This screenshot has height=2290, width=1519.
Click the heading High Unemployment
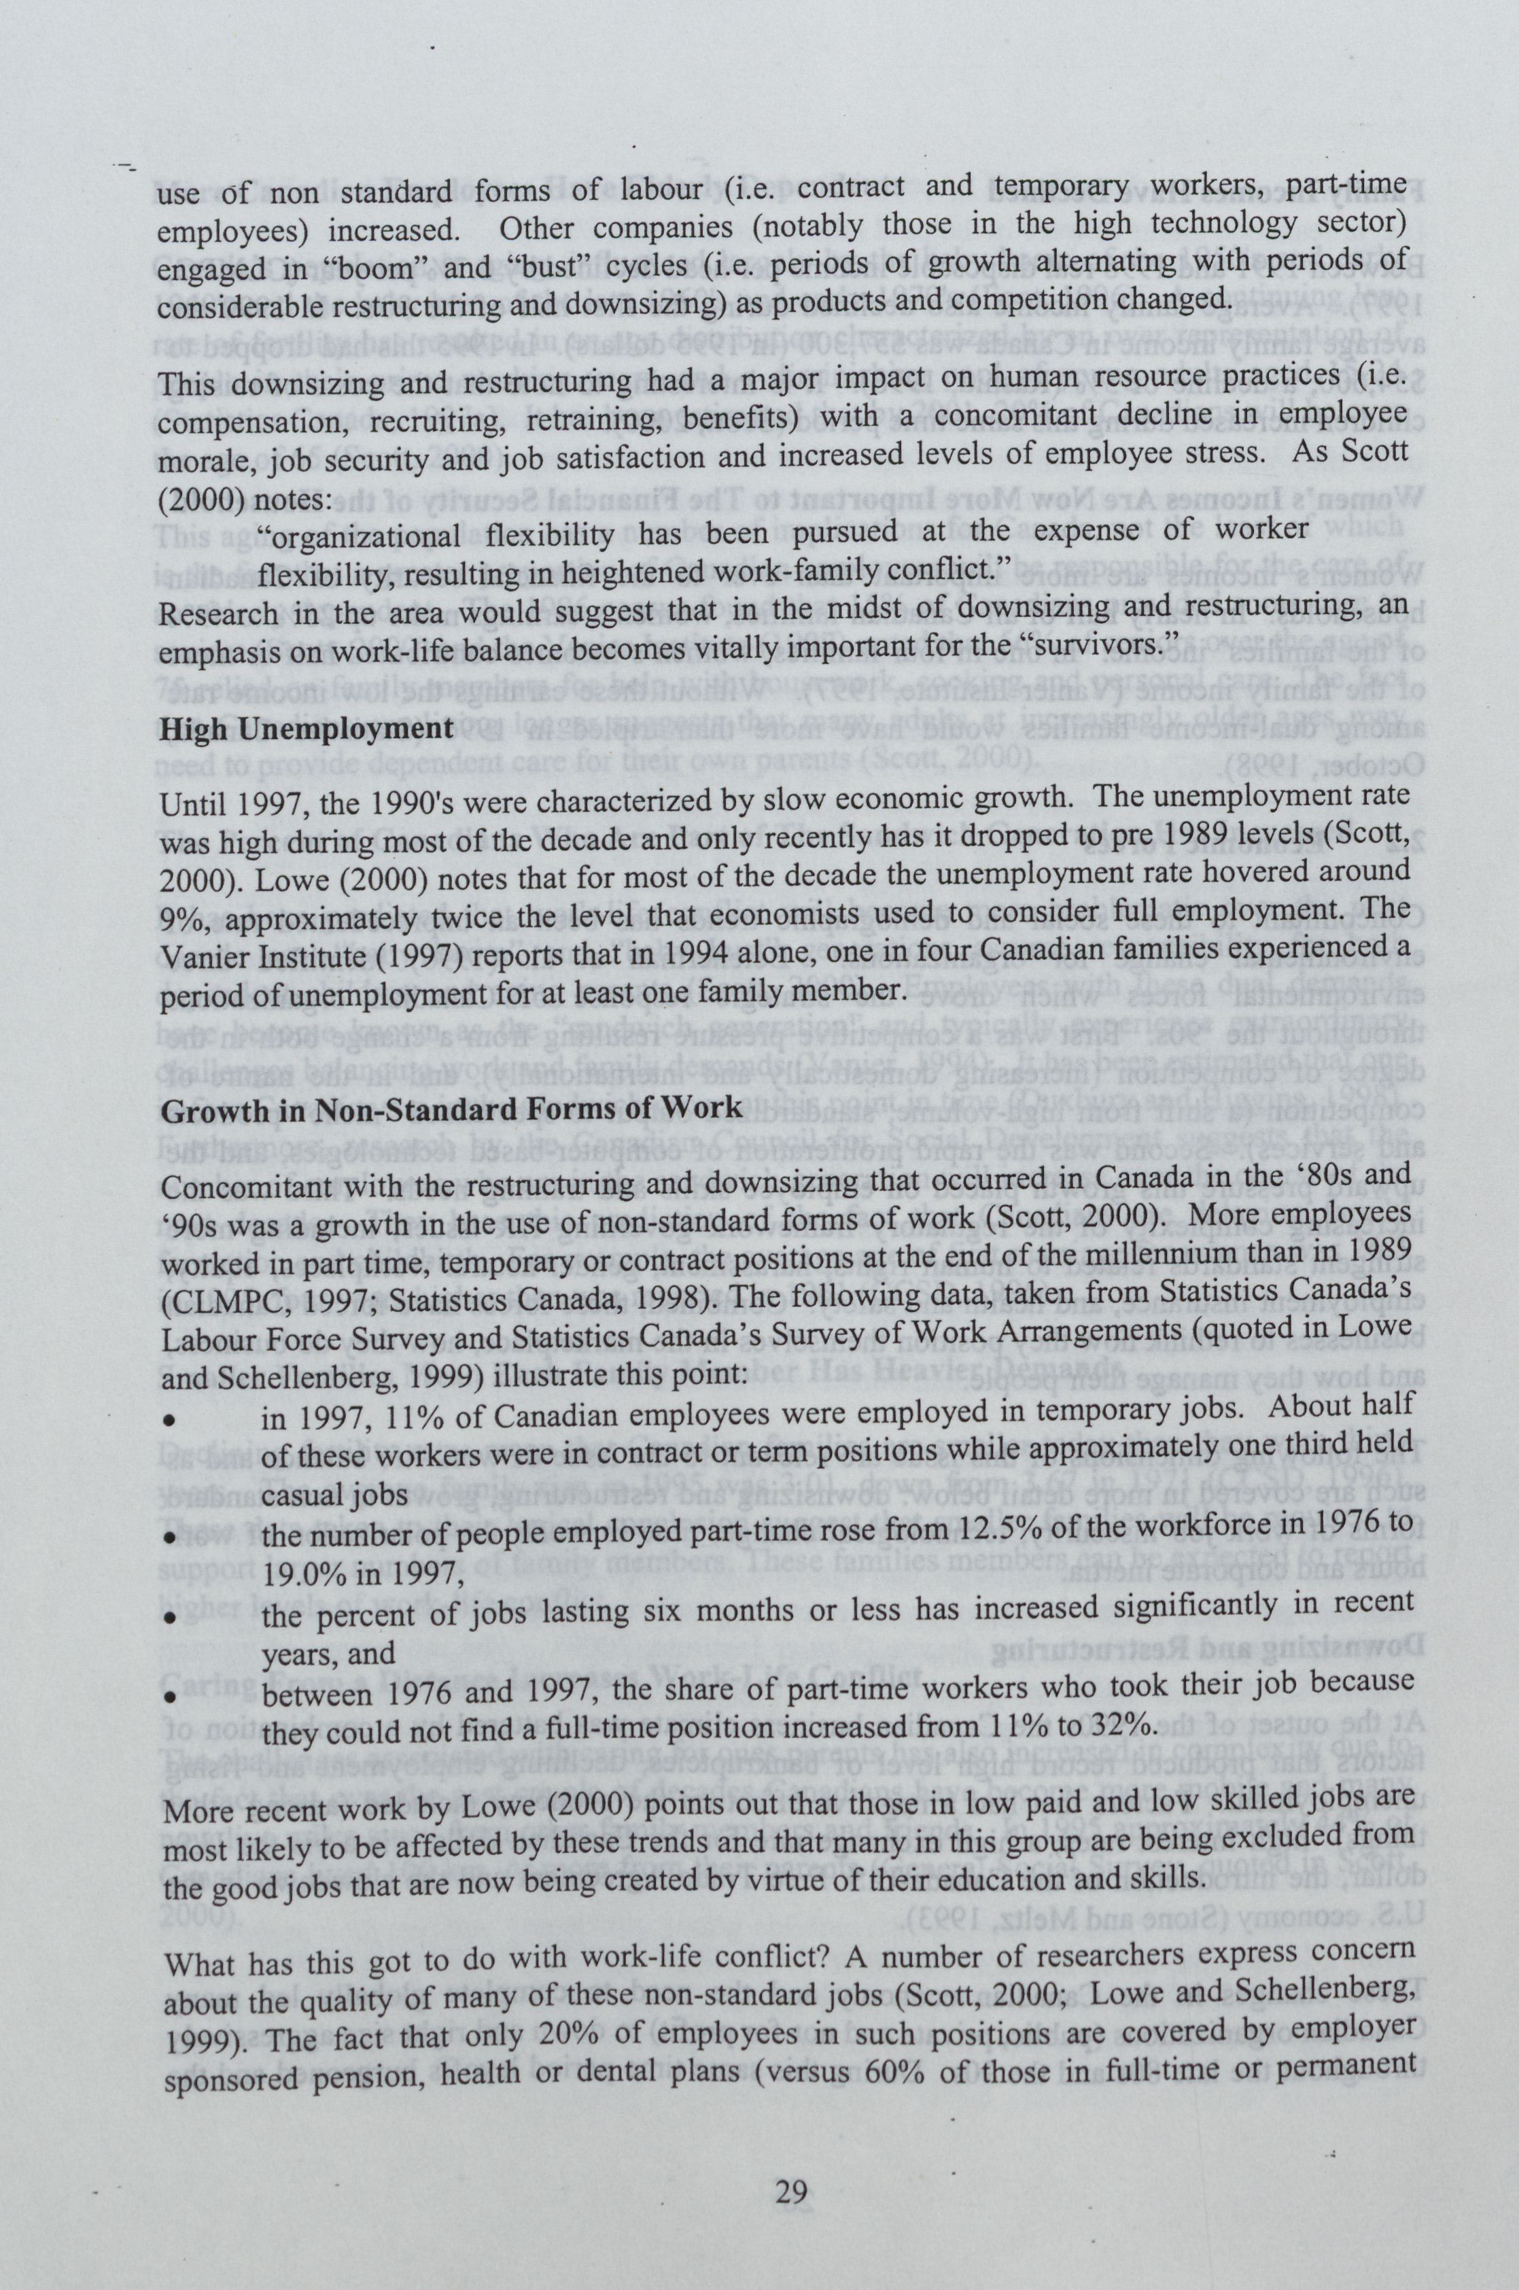[300, 729]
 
